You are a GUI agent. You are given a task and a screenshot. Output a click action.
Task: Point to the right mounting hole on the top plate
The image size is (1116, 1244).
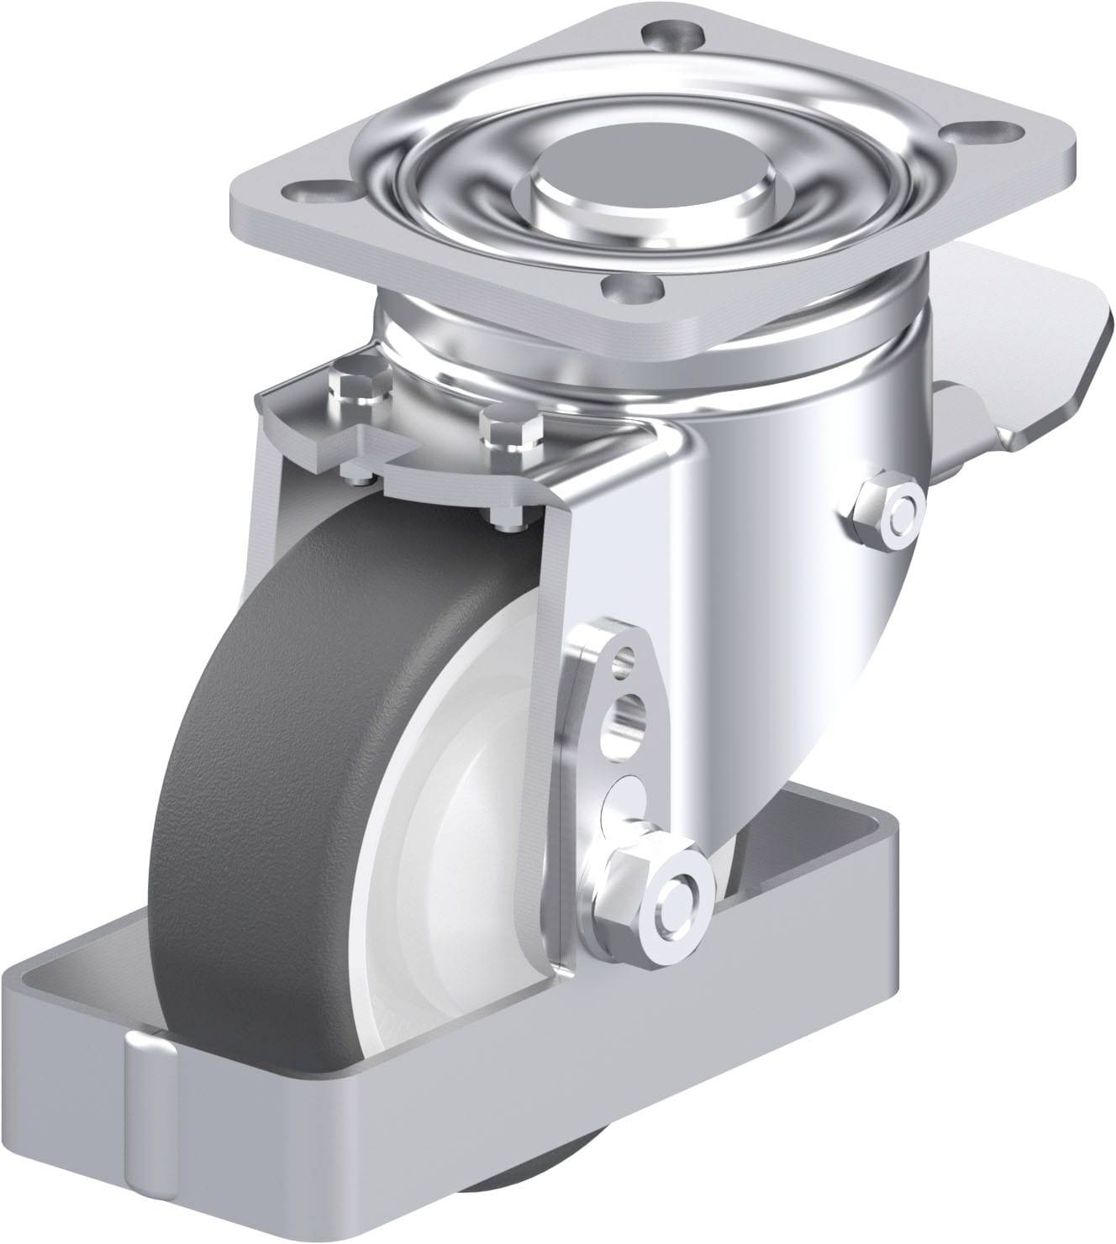click(x=995, y=133)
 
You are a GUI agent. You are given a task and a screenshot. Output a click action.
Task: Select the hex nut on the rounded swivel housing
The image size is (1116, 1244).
click(x=888, y=511)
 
